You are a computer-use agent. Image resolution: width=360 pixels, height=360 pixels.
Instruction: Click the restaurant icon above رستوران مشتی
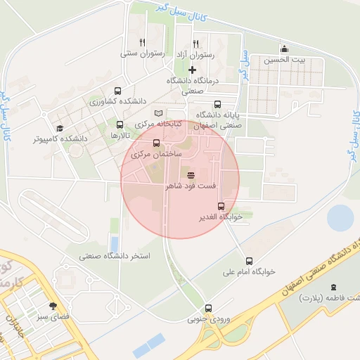pos(142,42)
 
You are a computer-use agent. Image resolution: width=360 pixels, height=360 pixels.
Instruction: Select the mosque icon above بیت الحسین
pos(284,49)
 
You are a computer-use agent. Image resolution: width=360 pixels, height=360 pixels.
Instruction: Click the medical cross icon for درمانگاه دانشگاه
pos(192,70)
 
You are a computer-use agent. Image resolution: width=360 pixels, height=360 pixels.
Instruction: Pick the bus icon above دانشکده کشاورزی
pos(117,91)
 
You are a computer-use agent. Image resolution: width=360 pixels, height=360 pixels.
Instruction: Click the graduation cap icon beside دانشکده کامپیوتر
pos(60,128)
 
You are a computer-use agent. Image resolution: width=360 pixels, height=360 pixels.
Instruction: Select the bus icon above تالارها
pos(118,124)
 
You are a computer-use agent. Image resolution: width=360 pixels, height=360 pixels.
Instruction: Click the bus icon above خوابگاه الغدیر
pos(221,206)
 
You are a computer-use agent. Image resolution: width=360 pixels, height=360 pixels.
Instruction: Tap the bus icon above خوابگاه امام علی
pos(249,260)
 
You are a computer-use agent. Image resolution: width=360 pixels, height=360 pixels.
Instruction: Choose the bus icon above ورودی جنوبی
pos(208,308)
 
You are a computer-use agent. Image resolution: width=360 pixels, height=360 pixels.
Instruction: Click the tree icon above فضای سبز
pos(53,306)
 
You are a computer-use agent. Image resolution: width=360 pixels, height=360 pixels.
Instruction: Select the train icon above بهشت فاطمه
pos(333,287)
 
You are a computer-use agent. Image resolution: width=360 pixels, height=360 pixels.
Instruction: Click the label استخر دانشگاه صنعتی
pos(115,256)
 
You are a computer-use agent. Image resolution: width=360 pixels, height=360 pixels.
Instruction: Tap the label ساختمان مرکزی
pos(156,153)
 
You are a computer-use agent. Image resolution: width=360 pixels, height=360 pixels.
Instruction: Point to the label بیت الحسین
pos(285,60)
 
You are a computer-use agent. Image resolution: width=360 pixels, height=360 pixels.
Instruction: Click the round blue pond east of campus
pos(340,218)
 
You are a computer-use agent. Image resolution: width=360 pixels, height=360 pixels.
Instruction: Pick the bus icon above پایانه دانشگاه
pos(216,103)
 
